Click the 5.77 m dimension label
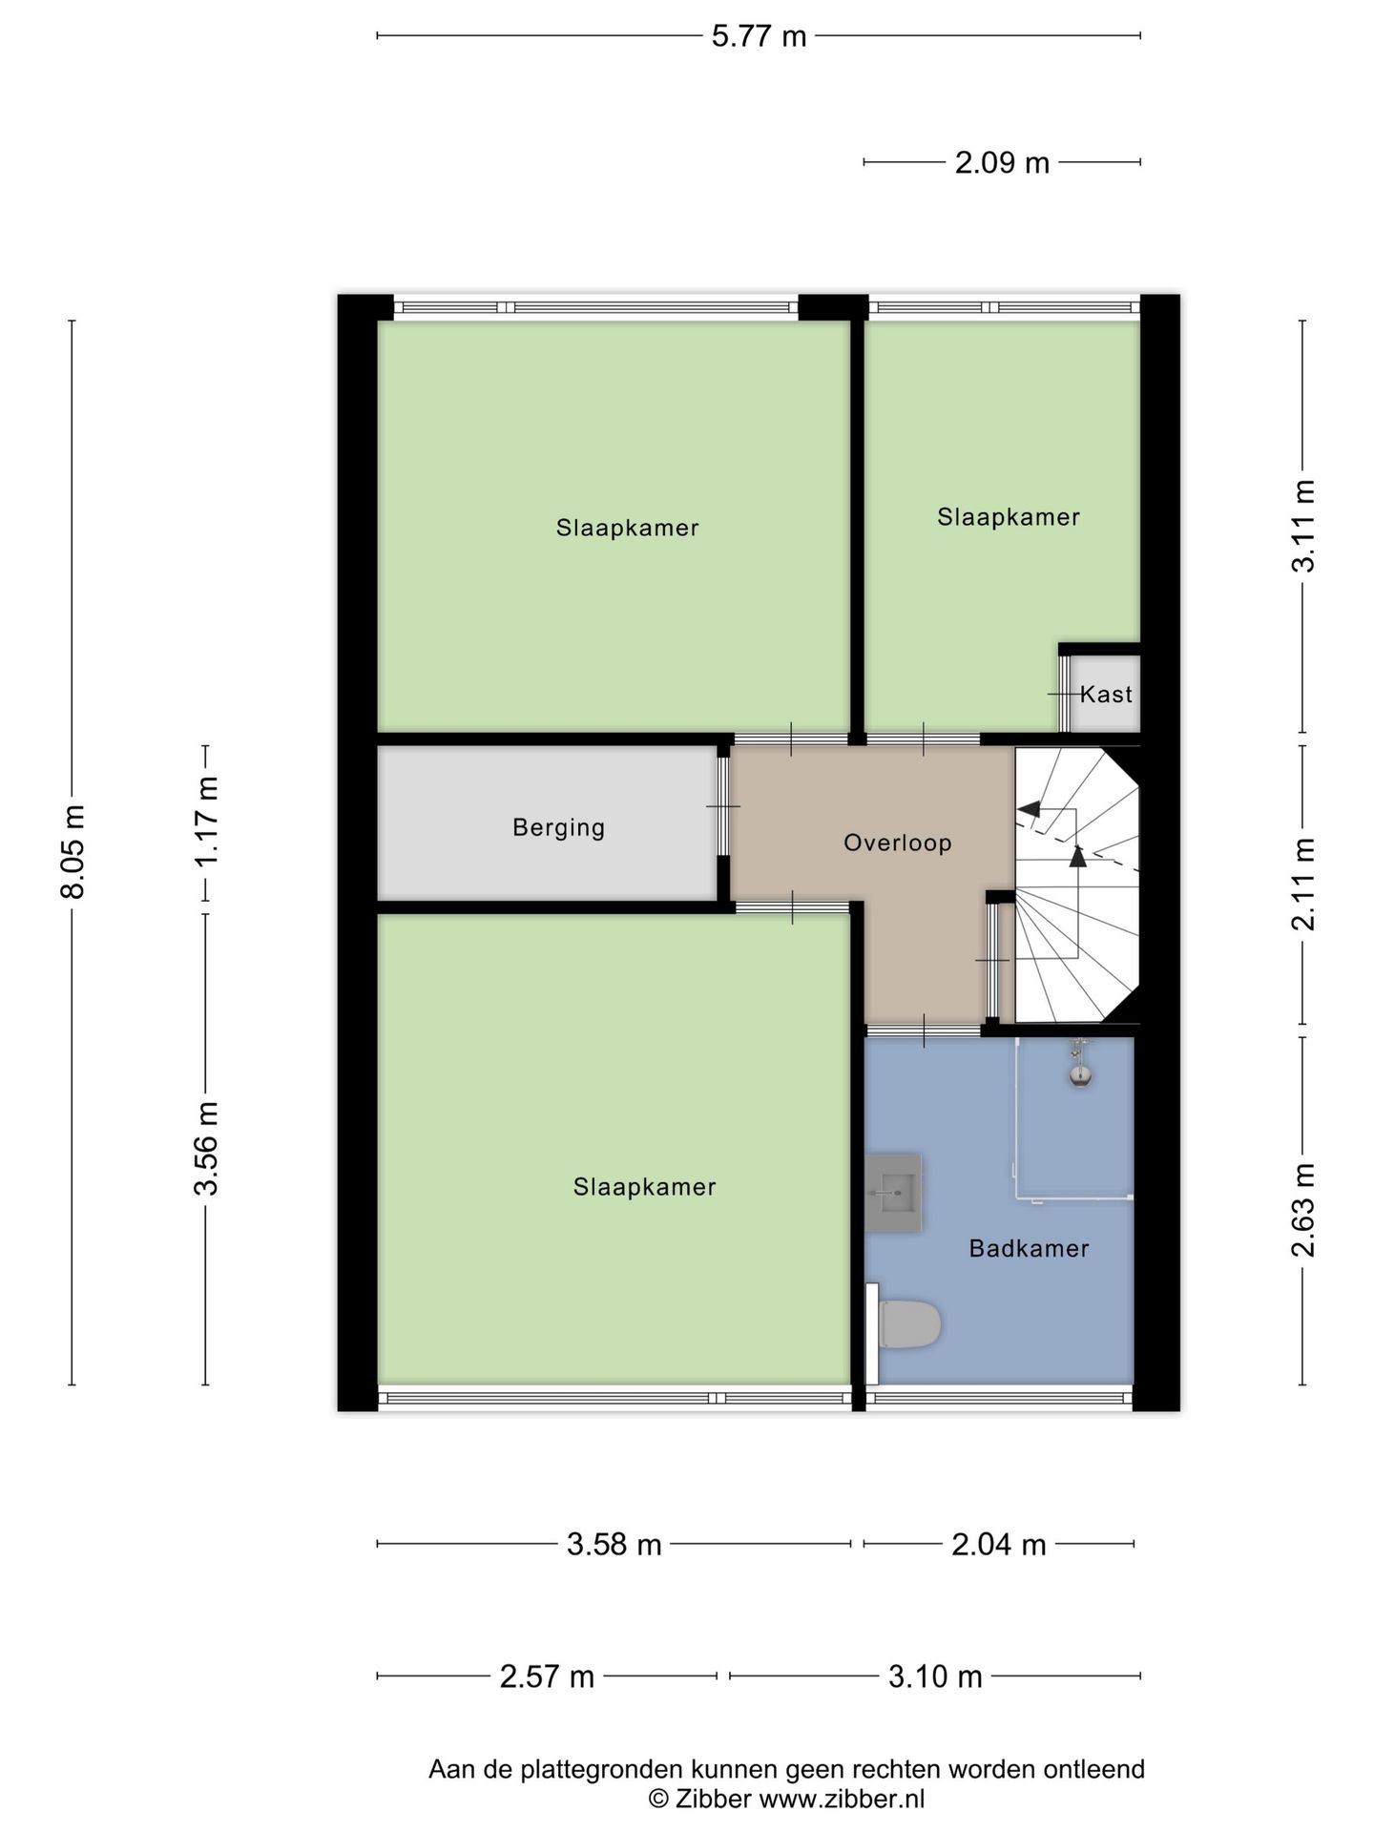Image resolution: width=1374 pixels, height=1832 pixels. coord(759,36)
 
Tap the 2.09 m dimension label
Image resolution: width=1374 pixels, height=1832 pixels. coord(1002,163)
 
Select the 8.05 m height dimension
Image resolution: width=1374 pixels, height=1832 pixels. coord(73,851)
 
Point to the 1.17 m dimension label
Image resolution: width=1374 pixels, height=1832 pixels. coord(207,821)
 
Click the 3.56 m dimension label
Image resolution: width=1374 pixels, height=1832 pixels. coord(207,1148)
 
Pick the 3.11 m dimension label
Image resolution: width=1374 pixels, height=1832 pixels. coord(1303,526)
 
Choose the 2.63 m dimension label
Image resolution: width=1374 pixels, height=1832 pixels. coord(1303,1210)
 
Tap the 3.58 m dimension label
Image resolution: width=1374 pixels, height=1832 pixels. coord(614,1544)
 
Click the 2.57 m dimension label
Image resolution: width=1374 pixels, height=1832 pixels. coord(547,1676)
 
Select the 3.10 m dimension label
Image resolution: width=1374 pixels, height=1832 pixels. coord(935,1676)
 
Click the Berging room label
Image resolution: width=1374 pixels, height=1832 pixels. coord(558,827)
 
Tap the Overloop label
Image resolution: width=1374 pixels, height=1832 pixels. coord(897,843)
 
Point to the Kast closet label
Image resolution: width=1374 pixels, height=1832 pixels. coord(1106,694)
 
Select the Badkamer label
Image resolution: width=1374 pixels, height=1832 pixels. coord(1029,1248)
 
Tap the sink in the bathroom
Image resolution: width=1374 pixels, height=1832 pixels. coord(894,1193)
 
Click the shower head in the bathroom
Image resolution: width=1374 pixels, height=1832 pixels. coord(1080,1075)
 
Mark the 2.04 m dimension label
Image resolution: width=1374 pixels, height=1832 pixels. coord(998,1544)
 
